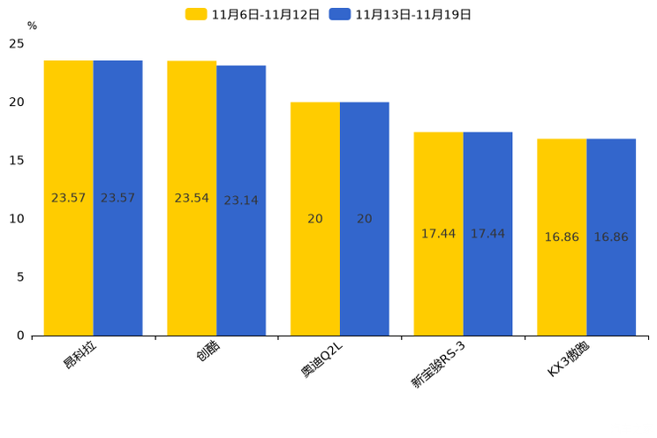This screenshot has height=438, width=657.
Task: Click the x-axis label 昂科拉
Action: (79, 355)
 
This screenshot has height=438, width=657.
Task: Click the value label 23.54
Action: (192, 198)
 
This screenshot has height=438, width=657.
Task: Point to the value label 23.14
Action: (241, 200)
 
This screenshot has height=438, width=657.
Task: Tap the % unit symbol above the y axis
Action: (32, 26)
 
